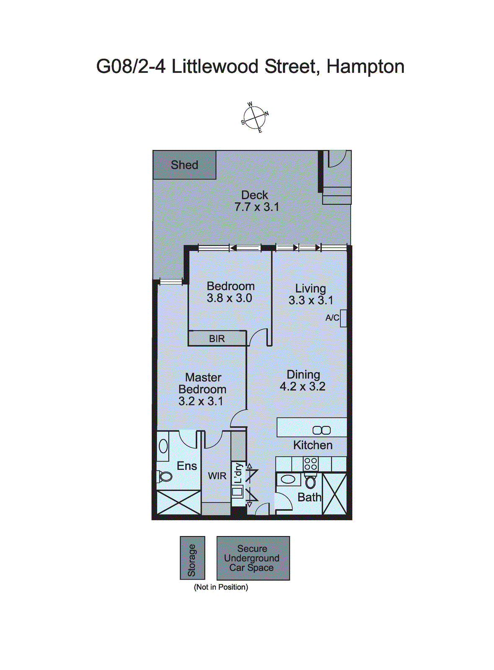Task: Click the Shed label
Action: point(184,165)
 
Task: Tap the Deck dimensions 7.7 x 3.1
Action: point(256,207)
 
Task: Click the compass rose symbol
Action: point(255,118)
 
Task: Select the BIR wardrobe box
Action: point(217,338)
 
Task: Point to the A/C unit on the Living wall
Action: point(343,318)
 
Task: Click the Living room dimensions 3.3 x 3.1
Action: point(310,300)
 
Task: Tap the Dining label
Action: point(303,374)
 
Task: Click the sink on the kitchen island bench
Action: point(321,430)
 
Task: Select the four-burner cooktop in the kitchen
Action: point(310,464)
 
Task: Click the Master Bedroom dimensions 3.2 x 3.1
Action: point(201,401)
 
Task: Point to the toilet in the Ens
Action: point(164,476)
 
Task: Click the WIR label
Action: point(217,476)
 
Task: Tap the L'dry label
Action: point(238,473)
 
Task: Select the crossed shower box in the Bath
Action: point(334,494)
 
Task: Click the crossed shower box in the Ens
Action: point(178,502)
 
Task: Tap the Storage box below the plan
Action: point(192,558)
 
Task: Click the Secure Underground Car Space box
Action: point(253,558)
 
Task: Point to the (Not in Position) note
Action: point(221,587)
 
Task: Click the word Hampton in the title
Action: point(365,67)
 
